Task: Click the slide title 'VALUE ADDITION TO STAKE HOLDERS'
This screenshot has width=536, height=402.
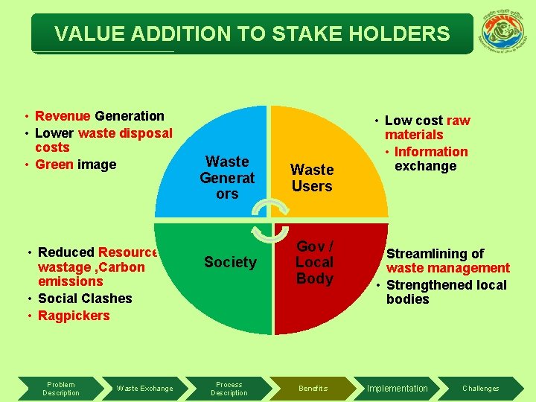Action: coord(252,34)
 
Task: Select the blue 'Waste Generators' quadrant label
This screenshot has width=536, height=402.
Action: coord(227,177)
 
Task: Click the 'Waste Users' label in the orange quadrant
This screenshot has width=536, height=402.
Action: coord(312,178)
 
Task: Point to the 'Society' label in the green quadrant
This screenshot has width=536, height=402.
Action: coord(230,262)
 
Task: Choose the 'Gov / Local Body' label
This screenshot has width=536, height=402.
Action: coord(315,262)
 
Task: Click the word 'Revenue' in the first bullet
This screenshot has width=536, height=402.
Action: coord(63,116)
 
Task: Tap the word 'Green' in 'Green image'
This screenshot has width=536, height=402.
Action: coord(54,165)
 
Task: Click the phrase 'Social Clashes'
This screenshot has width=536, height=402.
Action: coord(85,299)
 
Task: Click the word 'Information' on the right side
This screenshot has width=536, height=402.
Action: coord(431,152)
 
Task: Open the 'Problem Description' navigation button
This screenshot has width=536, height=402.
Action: coord(61,389)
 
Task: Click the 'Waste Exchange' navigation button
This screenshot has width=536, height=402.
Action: coord(144,389)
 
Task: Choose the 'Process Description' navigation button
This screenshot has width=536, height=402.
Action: coord(229,389)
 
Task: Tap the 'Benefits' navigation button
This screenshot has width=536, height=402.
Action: coord(313,389)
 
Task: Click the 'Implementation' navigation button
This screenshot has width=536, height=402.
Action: coord(398,389)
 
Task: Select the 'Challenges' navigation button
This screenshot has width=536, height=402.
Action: coord(481,389)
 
